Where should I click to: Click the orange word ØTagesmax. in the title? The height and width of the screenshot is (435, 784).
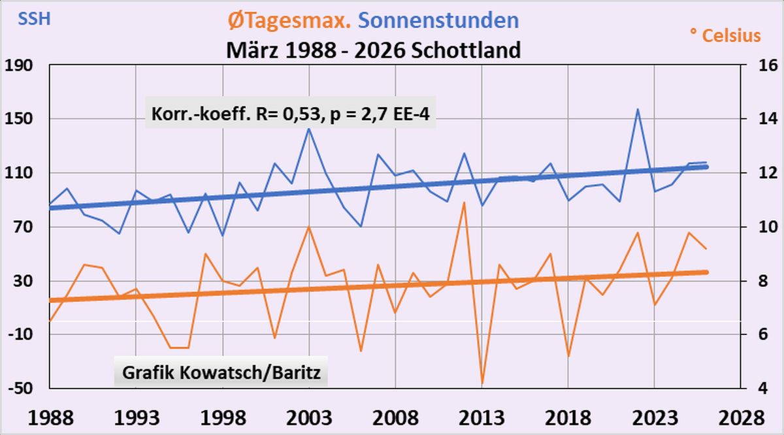coord(290,21)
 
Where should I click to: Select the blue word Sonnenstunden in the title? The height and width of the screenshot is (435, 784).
coord(439,21)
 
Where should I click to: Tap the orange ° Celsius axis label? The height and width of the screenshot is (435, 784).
coord(725,35)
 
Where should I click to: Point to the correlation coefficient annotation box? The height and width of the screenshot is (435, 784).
coord(289,114)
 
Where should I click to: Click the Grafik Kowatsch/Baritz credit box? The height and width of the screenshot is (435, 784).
coord(221,374)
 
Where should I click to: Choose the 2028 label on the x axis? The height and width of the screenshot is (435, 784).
coord(740,417)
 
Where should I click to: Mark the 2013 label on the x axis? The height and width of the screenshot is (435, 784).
coord(482,417)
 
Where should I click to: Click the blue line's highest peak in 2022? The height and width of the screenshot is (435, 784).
coord(637,109)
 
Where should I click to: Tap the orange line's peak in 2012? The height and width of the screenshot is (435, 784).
coord(464,202)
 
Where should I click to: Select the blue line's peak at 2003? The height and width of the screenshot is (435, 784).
coord(308,129)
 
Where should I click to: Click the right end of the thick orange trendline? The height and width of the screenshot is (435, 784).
coord(706,272)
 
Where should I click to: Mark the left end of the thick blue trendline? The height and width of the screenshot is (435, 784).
coord(50,208)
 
